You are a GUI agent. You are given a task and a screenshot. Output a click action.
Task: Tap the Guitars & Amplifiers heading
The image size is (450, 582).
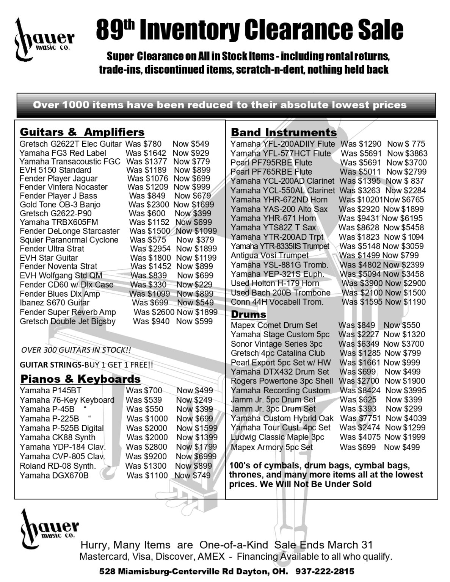pyautogui.click(x=82, y=132)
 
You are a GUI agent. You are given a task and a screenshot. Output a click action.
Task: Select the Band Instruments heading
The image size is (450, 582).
pyautogui.click(x=284, y=132)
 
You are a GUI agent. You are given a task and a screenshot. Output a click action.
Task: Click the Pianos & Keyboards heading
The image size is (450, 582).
pyautogui.click(x=80, y=379)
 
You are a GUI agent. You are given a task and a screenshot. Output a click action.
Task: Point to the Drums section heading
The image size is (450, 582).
pyautogui.click(x=248, y=314)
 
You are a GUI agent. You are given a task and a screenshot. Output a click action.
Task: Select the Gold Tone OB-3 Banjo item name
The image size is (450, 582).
pyautogui.click(x=60, y=205)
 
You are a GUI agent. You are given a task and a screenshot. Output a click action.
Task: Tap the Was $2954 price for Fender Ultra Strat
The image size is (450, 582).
pyautogui.click(x=150, y=249)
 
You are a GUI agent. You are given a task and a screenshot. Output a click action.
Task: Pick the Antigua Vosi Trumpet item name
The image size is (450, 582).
pyautogui.click(x=270, y=255)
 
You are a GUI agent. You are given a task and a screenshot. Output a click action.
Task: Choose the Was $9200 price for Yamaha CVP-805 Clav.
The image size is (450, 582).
pyautogui.click(x=146, y=456)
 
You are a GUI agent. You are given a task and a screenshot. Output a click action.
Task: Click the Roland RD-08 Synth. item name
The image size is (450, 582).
pyautogui.click(x=58, y=466)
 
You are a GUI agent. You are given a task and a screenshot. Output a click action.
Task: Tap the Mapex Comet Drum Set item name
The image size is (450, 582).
pyautogui.click(x=274, y=325)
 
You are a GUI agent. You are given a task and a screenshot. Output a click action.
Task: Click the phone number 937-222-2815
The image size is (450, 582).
pyautogui.click(x=325, y=571)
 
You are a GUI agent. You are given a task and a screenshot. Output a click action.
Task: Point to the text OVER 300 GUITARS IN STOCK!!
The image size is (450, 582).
pyautogui.click(x=76, y=350)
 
